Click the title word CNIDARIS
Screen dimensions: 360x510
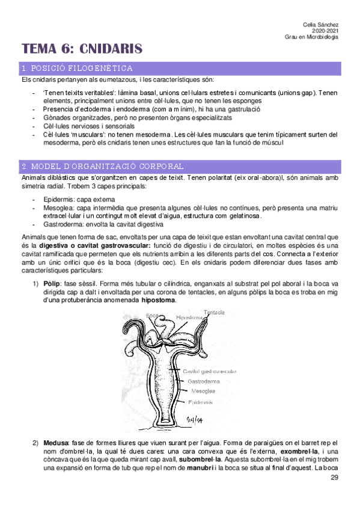pyautogui.click(x=111, y=48)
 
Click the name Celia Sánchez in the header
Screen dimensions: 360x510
pyautogui.click(x=322, y=23)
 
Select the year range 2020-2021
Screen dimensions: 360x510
pyautogui.click(x=325, y=30)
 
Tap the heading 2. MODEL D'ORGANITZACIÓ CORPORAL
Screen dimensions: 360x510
pyautogui.click(x=102, y=166)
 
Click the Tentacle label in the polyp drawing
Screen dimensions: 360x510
pyautogui.click(x=214, y=313)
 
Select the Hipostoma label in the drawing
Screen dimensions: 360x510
pyautogui.click(x=189, y=317)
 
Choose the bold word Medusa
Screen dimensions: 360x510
pyautogui.click(x=56, y=443)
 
